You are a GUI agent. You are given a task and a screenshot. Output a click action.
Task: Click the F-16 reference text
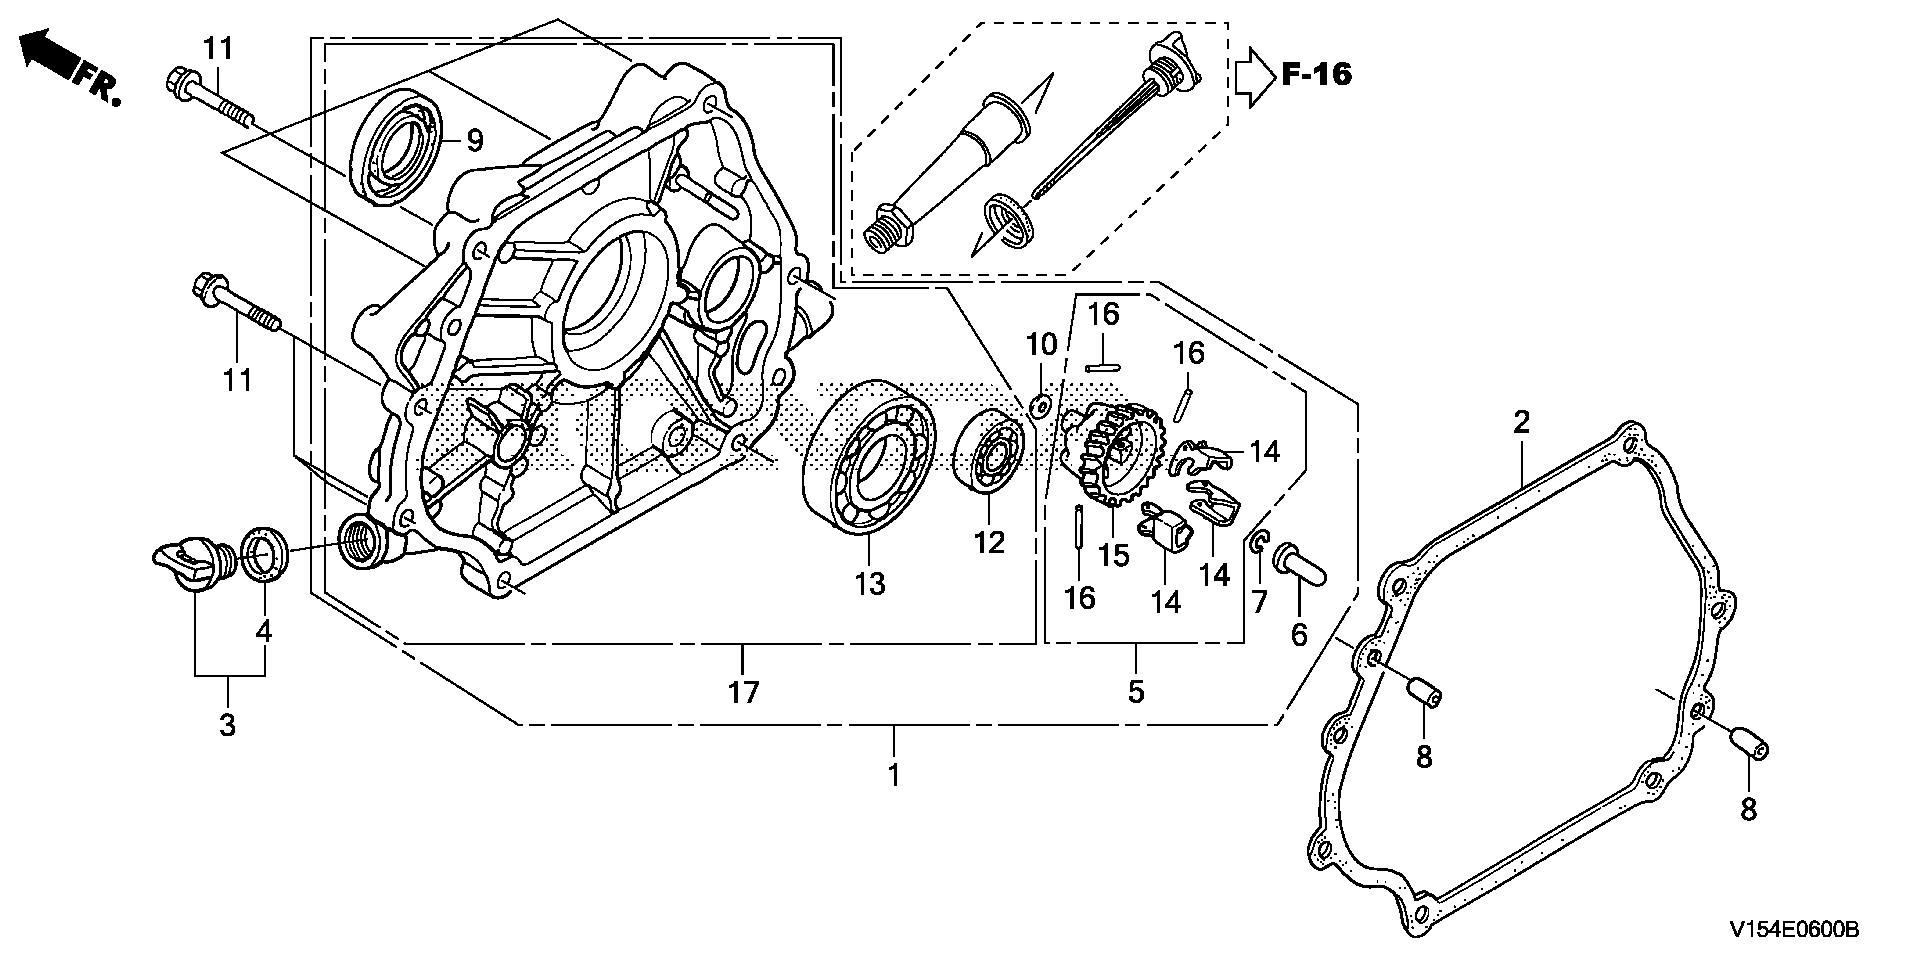tap(1316, 74)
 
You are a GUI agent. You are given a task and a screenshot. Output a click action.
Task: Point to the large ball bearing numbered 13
tap(869, 455)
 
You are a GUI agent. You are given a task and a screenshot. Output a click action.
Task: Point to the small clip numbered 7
tap(1259, 543)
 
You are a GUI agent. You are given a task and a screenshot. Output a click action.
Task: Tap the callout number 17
tap(744, 691)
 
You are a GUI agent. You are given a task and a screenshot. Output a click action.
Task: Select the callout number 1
tap(894, 775)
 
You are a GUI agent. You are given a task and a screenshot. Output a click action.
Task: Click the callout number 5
tap(1136, 691)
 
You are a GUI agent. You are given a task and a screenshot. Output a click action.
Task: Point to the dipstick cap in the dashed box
tap(1177, 61)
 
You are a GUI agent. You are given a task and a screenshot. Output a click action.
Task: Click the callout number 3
tap(228, 725)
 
